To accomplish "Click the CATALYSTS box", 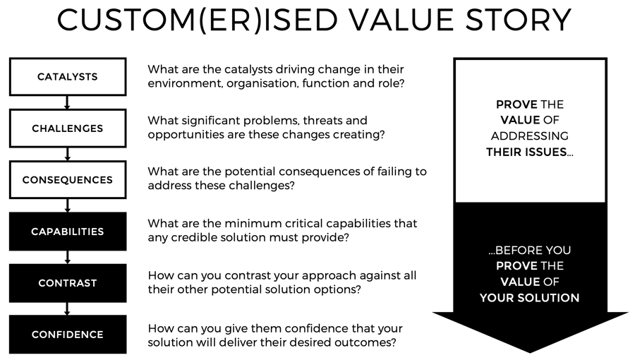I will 68,77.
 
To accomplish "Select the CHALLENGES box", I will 68,128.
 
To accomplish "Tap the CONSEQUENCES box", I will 68,180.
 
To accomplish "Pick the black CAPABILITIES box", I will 68,232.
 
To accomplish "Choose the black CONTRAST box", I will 68,283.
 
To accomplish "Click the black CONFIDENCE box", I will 68,335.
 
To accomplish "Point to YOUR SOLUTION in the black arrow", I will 530,297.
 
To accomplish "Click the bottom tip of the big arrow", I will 530,351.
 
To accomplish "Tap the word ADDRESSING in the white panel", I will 530,136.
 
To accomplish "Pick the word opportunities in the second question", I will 185,134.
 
